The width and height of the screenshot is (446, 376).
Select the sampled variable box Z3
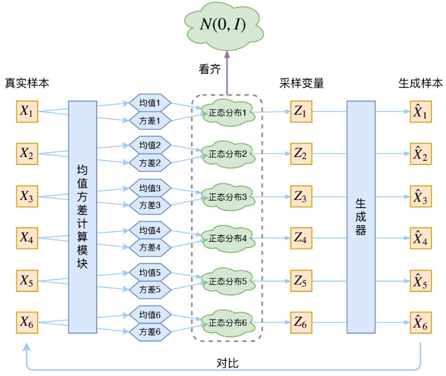point(301,196)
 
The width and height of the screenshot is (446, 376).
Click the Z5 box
point(301,281)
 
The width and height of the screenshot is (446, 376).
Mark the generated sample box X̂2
point(420,154)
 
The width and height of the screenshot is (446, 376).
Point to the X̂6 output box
point(420,323)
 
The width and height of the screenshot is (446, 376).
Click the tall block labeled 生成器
point(361,217)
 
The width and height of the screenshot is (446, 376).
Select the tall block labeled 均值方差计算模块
point(82,217)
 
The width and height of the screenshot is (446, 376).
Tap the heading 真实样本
point(27,83)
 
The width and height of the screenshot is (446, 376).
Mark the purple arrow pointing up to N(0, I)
point(228,73)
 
